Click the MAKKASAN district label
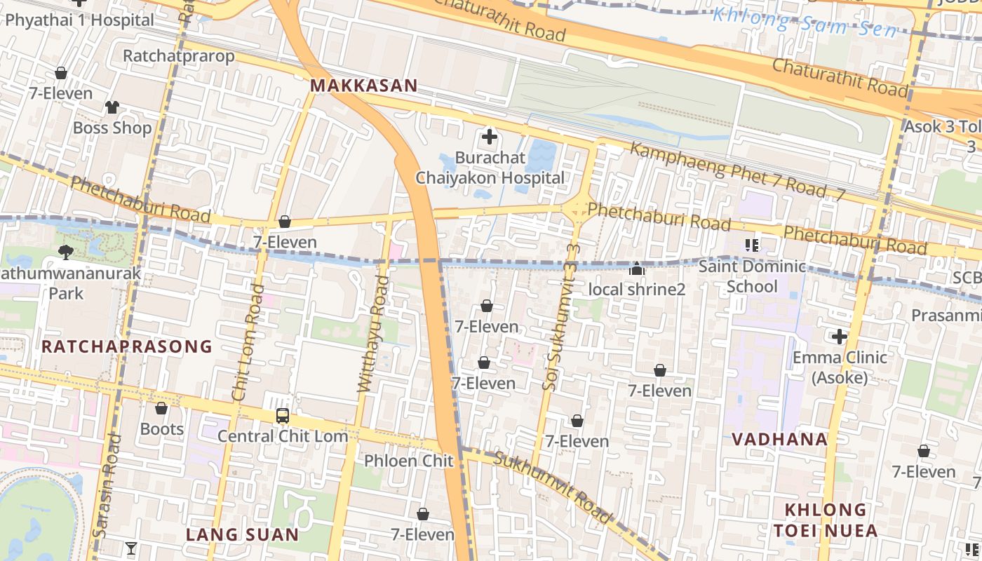(363, 86)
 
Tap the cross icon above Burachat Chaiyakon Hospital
(490, 137)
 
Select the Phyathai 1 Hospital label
(79, 20)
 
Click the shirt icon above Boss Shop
(112, 107)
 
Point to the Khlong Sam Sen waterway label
(805, 22)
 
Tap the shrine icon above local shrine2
(636, 269)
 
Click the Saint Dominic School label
(752, 276)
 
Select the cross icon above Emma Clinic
(840, 337)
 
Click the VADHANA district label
(779, 440)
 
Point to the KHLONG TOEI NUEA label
(825, 520)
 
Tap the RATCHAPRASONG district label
(127, 346)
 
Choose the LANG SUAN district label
(243, 534)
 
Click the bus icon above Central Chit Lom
(283, 416)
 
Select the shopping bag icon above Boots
(161, 408)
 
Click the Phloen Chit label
(409, 461)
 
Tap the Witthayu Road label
(373, 334)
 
